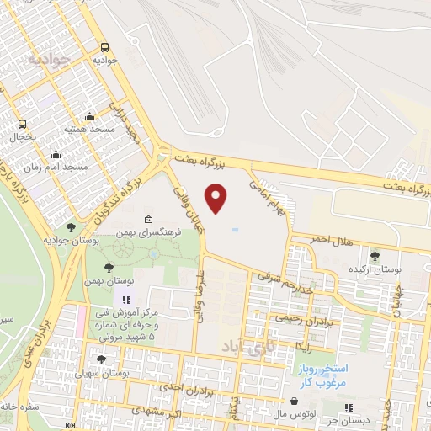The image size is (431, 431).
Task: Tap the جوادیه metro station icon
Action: [104, 48]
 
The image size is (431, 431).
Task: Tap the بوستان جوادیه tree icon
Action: [71, 227]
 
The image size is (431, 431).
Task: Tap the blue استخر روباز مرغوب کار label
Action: [327, 375]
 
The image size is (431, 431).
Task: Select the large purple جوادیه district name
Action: [46, 61]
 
